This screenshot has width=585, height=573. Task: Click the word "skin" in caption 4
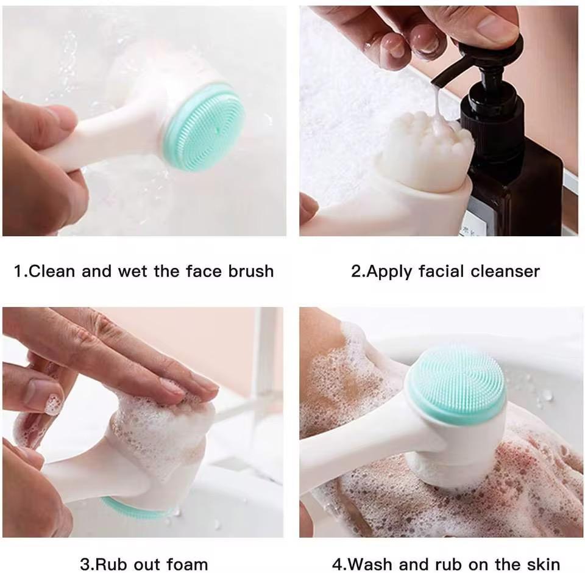(540, 564)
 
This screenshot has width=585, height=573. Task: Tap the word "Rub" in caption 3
(107, 564)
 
